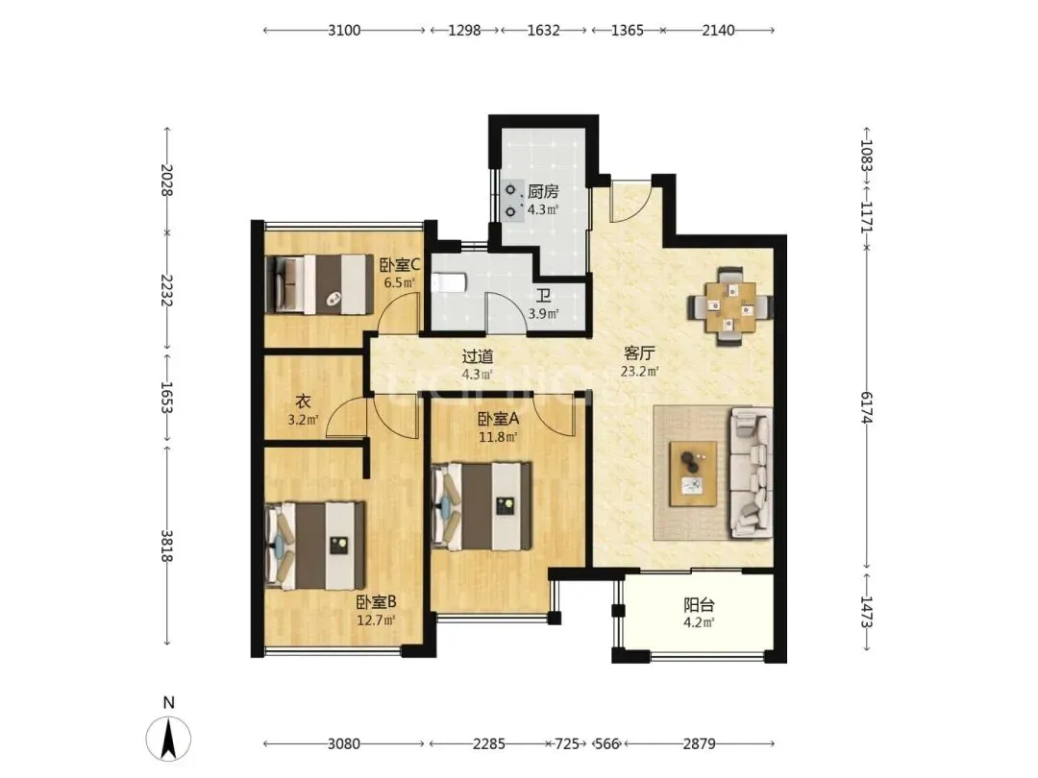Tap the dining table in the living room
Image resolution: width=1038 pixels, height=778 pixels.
point(729,307)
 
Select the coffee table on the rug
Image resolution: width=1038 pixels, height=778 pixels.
point(693,474)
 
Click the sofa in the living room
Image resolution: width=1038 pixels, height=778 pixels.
point(752,473)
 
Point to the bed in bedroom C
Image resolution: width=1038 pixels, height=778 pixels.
point(319,284)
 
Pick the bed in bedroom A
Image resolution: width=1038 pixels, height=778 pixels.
point(482,506)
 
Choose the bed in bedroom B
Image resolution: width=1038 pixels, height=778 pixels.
point(315,546)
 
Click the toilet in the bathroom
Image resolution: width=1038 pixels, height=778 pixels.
point(450,283)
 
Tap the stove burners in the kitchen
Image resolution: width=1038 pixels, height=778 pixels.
point(510,201)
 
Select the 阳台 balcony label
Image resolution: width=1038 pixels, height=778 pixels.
point(699,605)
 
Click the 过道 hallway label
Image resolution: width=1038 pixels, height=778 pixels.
point(478,356)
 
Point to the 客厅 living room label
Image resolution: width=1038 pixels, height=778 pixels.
point(639,353)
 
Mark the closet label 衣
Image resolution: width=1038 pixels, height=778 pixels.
point(303,401)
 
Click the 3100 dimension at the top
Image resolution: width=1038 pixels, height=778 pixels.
point(344,30)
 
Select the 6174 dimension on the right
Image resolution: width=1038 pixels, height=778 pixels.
point(867,407)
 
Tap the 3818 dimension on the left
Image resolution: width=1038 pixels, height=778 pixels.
point(166,546)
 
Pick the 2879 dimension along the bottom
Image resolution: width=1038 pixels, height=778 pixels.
point(699,743)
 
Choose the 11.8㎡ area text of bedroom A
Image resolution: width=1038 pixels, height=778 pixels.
point(498,437)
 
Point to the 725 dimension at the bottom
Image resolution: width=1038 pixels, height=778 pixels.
point(567,743)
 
